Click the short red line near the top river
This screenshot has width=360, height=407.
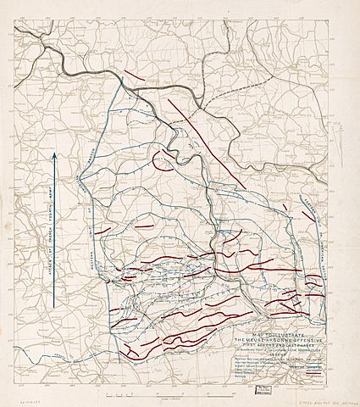coord(132,74)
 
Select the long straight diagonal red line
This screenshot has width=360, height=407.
coord(208,142)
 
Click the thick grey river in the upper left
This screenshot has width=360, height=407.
coord(51,47)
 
